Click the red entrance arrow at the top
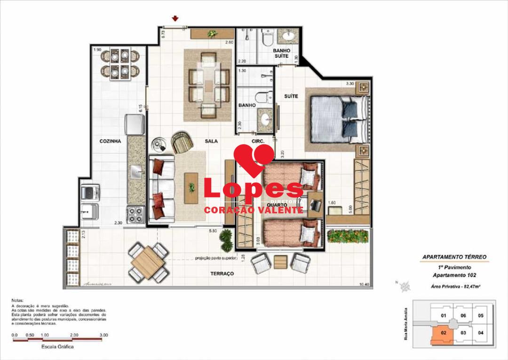(x=175, y=19)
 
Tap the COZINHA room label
(x=111, y=141)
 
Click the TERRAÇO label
(x=222, y=274)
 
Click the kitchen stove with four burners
(x=135, y=215)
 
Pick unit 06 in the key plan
(x=463, y=316)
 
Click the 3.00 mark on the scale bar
(x=104, y=335)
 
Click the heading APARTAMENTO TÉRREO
(x=454, y=258)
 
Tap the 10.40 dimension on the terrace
(x=363, y=284)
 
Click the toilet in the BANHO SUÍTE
(x=268, y=39)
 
